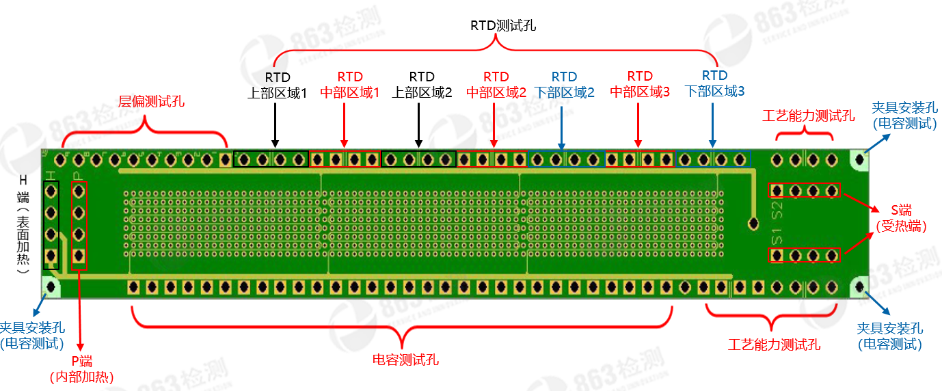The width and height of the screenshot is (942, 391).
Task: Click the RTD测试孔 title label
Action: (x=502, y=26)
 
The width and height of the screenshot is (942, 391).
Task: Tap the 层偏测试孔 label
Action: (x=152, y=102)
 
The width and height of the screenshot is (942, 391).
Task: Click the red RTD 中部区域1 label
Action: (x=350, y=85)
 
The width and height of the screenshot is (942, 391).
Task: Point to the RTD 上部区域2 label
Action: (x=422, y=85)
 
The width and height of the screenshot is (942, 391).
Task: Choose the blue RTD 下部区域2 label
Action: (x=564, y=85)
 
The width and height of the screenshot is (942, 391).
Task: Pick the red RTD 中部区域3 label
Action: (x=640, y=84)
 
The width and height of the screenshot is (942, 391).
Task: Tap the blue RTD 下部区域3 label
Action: (x=714, y=83)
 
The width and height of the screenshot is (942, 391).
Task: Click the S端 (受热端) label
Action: (x=901, y=218)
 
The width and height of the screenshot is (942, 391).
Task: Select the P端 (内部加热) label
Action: (x=81, y=369)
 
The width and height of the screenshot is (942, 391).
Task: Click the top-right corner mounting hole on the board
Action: (x=859, y=159)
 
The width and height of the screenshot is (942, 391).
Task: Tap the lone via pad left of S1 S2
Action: (x=753, y=223)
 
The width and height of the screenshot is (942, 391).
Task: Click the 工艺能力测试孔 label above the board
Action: (x=808, y=116)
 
